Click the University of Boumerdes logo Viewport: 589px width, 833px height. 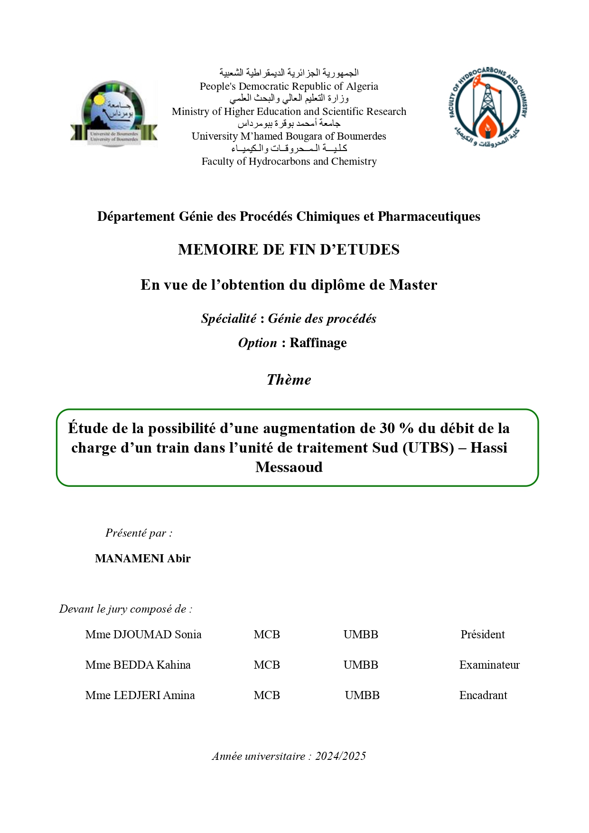[113, 113]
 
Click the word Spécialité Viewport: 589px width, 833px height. [229, 319]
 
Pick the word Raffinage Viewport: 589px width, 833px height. [318, 343]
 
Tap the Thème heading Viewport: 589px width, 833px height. [289, 380]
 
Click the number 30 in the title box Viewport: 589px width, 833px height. [388, 428]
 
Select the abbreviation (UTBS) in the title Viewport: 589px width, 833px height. [428, 448]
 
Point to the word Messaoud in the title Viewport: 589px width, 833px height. [289, 467]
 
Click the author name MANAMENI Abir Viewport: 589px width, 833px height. [143, 558]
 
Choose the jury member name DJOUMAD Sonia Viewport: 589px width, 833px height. [157, 634]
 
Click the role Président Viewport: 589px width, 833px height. [482, 634]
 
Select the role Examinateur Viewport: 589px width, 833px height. [489, 665]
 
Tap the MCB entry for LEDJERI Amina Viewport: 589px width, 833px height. [267, 695]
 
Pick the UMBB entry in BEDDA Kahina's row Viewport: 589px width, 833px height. [361, 665]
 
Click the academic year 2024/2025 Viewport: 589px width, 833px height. [340, 756]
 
